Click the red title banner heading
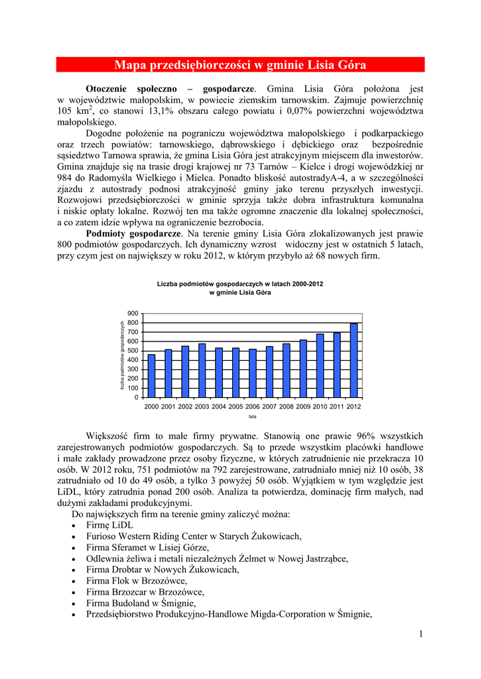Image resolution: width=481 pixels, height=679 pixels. [240, 65]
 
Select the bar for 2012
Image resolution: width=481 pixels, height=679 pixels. [354, 360]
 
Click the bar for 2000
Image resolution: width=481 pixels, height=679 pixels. [151, 375]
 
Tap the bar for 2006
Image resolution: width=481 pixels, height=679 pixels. [252, 373]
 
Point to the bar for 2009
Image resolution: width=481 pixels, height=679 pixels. [303, 368]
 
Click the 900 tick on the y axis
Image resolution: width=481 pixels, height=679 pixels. [133, 313]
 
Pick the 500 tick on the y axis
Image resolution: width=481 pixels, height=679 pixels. [133, 350]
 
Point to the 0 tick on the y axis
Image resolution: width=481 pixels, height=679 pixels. [136, 397]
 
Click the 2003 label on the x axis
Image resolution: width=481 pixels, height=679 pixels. [202, 406]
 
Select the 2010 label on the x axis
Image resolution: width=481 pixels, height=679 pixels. [320, 406]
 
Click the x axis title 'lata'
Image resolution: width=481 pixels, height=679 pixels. [253, 416]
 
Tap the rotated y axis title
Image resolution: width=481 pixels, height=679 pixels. [122, 355]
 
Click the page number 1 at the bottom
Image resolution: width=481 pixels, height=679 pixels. [421, 635]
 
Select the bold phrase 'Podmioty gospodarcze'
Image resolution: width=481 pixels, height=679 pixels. [133, 233]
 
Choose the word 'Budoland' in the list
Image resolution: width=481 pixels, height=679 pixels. [137, 603]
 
